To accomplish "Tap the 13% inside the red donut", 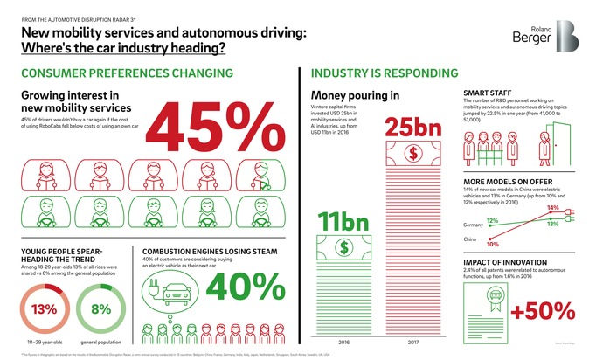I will (43, 308).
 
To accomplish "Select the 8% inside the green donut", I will (101, 308).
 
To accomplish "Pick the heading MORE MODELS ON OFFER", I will (502, 181).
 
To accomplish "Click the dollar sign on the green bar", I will (343, 247).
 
